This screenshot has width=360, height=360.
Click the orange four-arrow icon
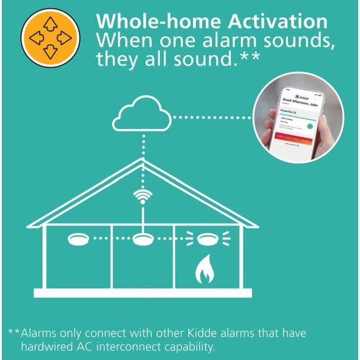pyautogui.click(x=50, y=37)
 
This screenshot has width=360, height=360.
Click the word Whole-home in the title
pyautogui.click(x=147, y=22)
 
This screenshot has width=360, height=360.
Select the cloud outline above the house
pyautogui.click(x=143, y=116)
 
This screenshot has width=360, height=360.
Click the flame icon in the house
pyautogui.click(x=204, y=271)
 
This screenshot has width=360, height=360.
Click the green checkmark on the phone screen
pyautogui.click(x=309, y=125)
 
